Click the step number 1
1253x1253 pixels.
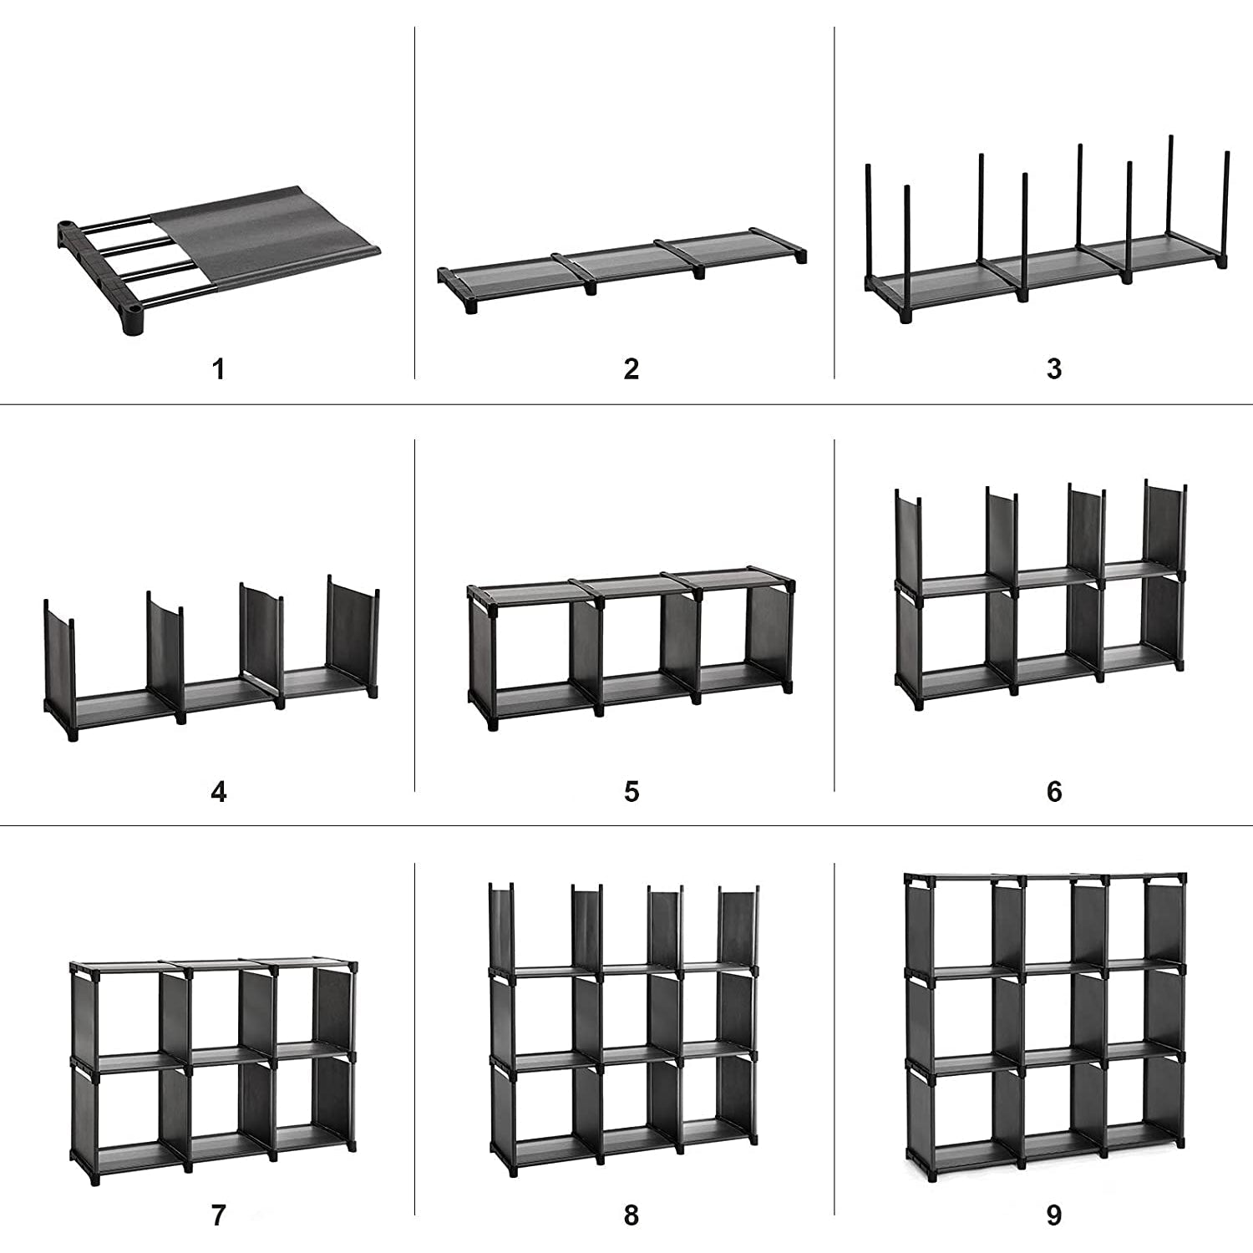click(x=219, y=368)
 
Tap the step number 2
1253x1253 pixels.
click(x=632, y=368)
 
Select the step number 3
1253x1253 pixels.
click(x=1054, y=368)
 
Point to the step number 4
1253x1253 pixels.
click(x=219, y=791)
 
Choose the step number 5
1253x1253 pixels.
click(x=632, y=791)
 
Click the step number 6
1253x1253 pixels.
click(x=1054, y=791)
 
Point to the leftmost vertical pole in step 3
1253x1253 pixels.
click(x=868, y=226)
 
